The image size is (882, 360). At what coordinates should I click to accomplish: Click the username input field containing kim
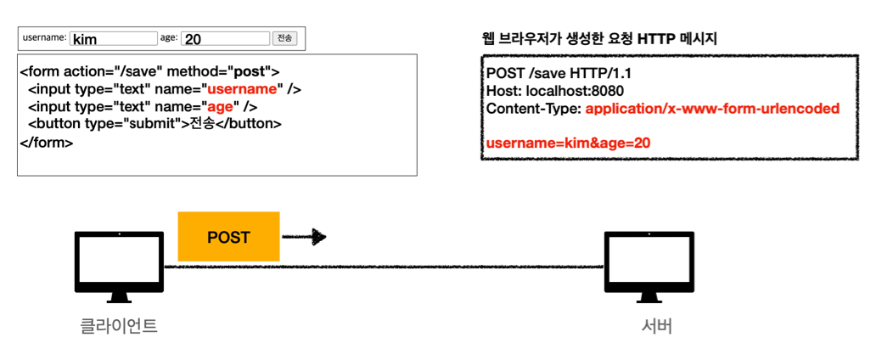114,38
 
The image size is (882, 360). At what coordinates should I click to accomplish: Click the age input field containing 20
225,38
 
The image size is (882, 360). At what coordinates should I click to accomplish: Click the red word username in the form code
243,88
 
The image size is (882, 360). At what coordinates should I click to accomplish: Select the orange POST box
228,237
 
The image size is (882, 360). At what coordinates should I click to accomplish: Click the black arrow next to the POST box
305,237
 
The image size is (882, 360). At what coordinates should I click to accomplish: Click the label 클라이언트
119,326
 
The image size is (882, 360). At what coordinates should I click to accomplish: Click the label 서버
656,326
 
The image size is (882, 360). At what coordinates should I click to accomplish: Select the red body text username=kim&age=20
568,143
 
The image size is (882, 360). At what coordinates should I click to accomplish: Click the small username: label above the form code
44,37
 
